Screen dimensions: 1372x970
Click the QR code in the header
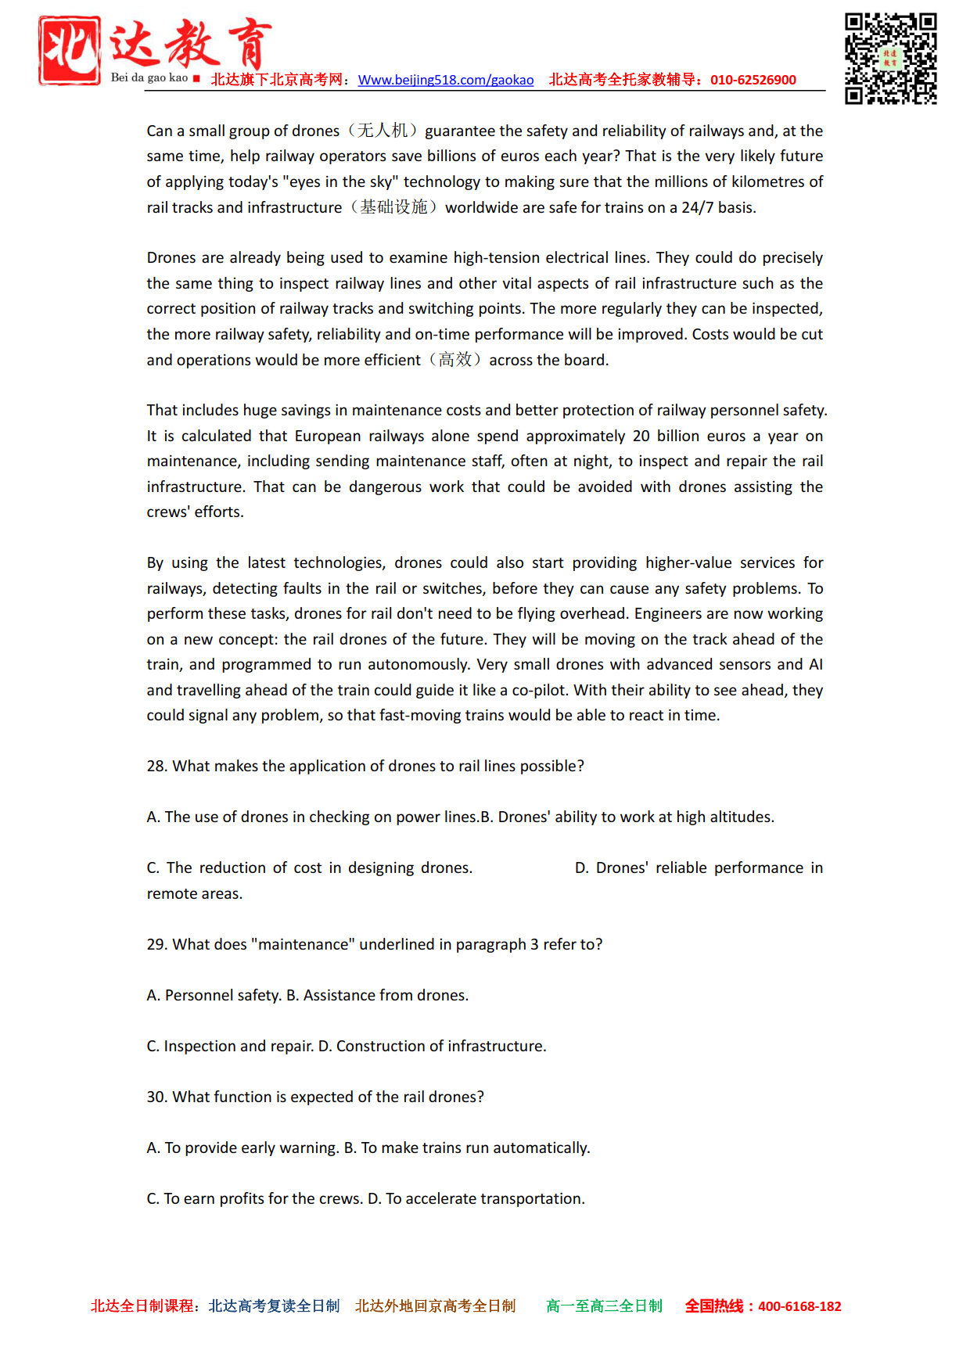coord(890,59)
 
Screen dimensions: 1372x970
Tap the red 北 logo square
coord(70,50)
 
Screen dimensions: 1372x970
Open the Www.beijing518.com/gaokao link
coord(446,80)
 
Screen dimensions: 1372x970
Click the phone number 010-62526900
coord(753,80)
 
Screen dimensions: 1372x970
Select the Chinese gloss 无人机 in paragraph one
coord(383,131)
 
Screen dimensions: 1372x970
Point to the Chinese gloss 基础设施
coord(393,207)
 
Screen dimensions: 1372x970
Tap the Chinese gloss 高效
coord(455,360)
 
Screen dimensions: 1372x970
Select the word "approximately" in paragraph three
coord(576,436)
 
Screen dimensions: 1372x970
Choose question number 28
coord(156,766)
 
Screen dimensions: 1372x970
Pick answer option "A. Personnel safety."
coord(214,995)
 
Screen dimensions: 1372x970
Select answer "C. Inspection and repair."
coord(230,1046)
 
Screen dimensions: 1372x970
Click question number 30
coord(156,1097)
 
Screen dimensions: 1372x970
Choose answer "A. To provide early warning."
coord(242,1148)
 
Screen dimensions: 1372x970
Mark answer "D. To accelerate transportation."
coord(476,1198)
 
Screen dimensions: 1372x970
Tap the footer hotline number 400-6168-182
coord(799,1306)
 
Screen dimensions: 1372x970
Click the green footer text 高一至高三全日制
coord(604,1306)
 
